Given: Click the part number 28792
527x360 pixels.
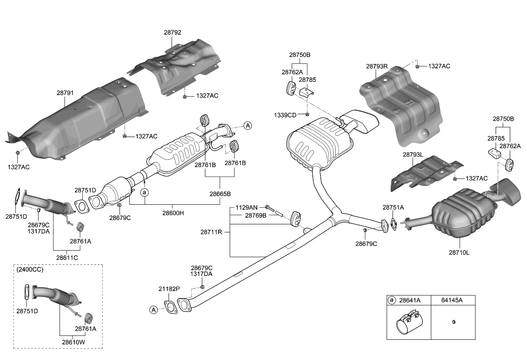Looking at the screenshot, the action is point(173,33).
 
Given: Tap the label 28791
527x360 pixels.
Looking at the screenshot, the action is point(65,93).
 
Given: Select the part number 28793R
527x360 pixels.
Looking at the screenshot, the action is point(377,66).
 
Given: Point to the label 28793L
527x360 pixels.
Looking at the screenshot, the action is point(413,155).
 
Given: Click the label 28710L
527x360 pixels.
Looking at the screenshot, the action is point(459,252).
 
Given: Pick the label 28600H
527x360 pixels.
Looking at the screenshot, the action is point(173,213).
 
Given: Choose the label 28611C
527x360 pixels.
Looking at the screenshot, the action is point(67,258).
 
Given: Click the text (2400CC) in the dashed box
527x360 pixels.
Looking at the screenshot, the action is point(30,270).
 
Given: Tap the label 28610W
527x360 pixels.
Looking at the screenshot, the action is point(73,342).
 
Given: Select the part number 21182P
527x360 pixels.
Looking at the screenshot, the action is point(169,289).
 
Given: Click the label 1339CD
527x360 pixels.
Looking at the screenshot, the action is point(285,116).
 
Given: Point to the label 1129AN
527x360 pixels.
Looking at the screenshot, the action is point(246,208).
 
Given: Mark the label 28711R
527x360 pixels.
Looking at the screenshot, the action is point(211,232).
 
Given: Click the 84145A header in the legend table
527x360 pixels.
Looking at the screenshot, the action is point(452,300).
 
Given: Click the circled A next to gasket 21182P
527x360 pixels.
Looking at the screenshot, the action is point(154,309).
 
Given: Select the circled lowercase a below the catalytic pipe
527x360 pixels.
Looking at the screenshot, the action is point(144,192).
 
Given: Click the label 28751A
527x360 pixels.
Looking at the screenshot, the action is point(393,207).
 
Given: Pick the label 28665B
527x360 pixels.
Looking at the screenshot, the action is point(220,194).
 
